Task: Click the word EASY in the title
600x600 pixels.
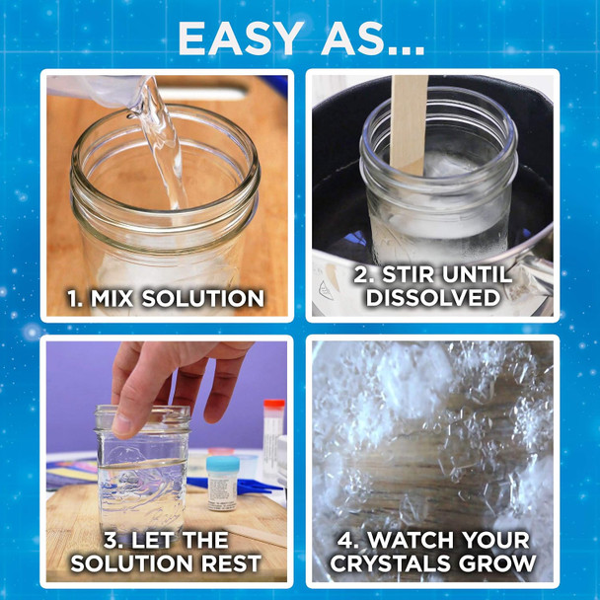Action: point(239,37)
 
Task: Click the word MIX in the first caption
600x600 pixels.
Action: point(123,297)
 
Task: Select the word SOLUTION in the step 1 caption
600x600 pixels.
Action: point(210,297)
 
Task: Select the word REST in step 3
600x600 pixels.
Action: point(229,564)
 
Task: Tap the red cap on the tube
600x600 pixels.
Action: point(273,405)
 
